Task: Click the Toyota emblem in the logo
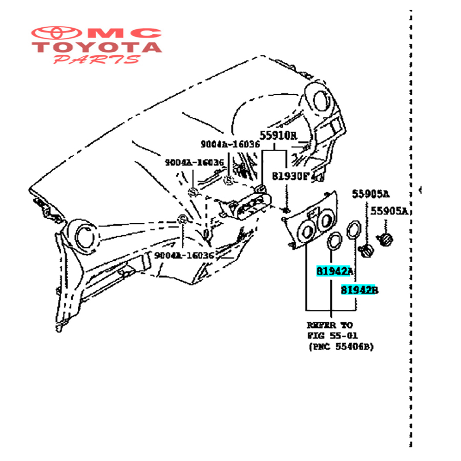58,34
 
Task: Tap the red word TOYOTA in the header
97,48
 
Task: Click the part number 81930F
290,176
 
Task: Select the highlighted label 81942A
334,271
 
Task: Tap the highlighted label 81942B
359,290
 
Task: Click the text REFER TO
329,325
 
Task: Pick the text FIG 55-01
332,336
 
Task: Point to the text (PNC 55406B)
341,347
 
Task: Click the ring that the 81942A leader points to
334,240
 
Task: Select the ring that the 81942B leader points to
352,229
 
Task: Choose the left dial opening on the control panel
307,233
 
